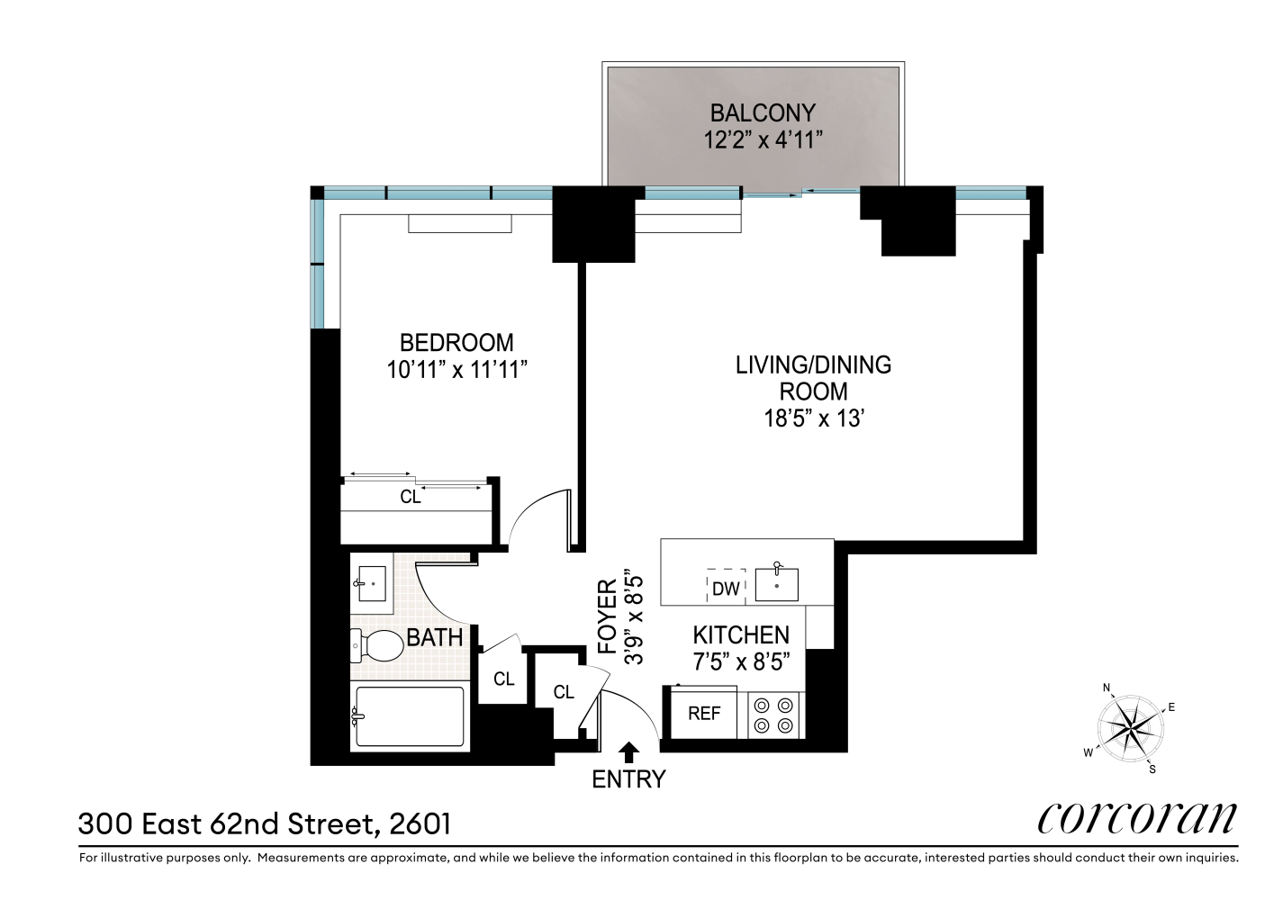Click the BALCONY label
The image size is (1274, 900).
coord(762,112)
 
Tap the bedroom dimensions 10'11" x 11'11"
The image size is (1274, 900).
coord(456,370)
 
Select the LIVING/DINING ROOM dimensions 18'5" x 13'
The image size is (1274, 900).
coord(813,418)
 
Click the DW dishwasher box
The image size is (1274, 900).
coord(726,589)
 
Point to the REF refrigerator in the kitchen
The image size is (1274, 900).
coord(704,714)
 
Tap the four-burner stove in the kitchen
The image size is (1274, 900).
coord(775,715)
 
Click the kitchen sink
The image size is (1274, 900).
coord(776,584)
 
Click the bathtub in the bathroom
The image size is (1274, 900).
coord(411,717)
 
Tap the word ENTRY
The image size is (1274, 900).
coord(628,779)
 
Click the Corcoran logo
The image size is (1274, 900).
coord(1137,817)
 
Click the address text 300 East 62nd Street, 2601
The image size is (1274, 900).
coord(265,823)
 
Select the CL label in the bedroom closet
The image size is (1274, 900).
coord(411,497)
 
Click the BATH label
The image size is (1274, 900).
coord(434,638)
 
